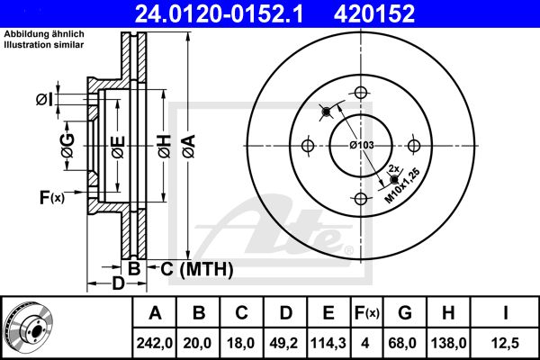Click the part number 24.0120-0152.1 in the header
coord(219,13)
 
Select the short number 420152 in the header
coord(374,13)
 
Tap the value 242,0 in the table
coord(154,343)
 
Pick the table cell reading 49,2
coord(284,343)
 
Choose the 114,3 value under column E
coord(328,343)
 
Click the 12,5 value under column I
coord(505,343)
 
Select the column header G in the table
coord(405,313)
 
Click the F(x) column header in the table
coord(367,313)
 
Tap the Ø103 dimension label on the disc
coord(362,145)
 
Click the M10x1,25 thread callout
coord(402,185)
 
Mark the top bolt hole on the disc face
coord(361,93)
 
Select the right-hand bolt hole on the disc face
coord(414,146)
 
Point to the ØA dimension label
coord(189,146)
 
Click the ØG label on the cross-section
coord(68,146)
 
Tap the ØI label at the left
coord(45,100)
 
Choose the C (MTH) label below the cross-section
coord(196,269)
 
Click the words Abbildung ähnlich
coord(44,34)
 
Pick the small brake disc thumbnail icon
coord(28,328)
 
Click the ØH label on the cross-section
coord(165,146)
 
